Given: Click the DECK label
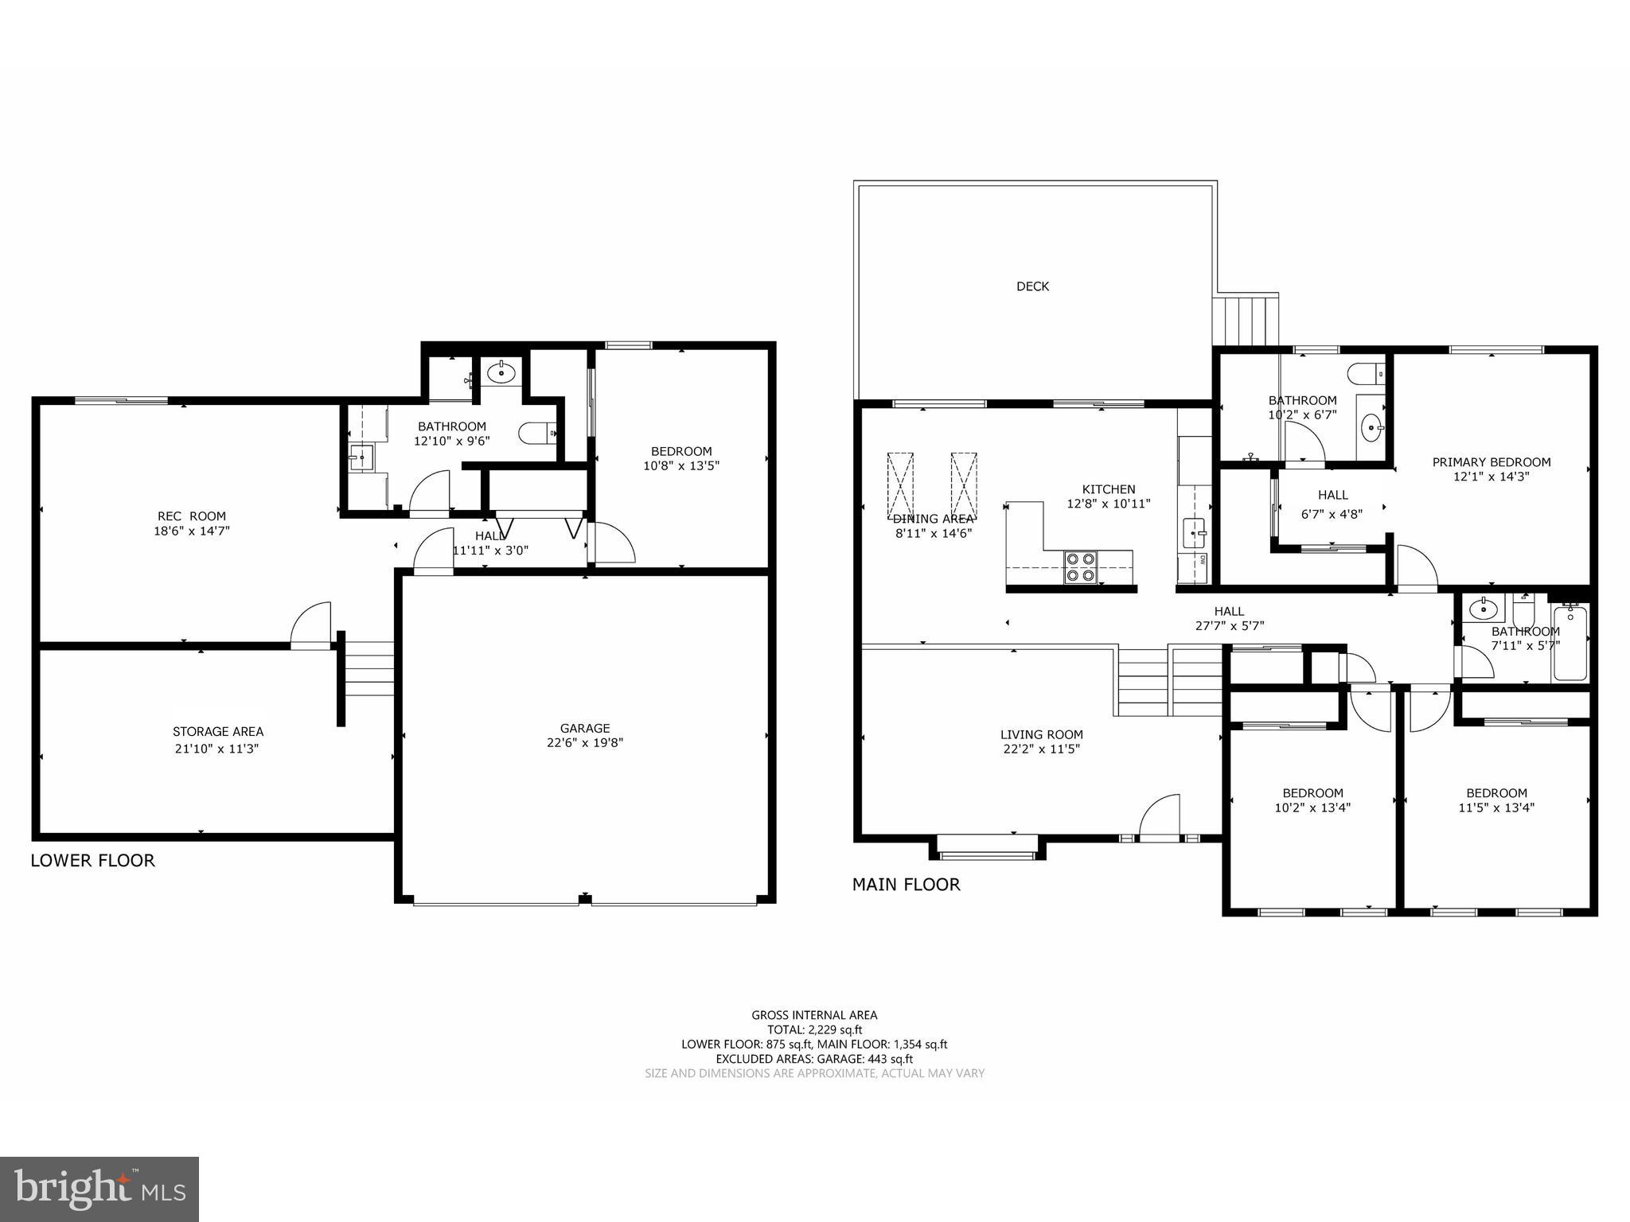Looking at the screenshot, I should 1032,286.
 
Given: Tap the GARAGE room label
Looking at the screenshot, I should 584,728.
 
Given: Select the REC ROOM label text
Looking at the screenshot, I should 191,516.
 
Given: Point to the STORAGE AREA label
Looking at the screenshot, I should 217,732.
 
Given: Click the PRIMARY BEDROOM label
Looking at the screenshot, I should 1491,462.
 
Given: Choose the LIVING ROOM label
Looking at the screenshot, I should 1041,734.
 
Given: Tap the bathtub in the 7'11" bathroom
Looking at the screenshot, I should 1570,644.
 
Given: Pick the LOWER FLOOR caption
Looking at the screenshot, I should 92,860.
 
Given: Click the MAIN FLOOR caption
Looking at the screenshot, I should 906,884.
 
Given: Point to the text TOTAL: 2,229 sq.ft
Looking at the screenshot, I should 814,1029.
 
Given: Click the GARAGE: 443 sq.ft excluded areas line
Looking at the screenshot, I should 814,1059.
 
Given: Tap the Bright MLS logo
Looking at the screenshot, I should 99,1189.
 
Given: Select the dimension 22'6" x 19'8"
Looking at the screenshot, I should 584,743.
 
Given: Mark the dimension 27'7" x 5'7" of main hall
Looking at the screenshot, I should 1229,626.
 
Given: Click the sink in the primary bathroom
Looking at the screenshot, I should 1371,428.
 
